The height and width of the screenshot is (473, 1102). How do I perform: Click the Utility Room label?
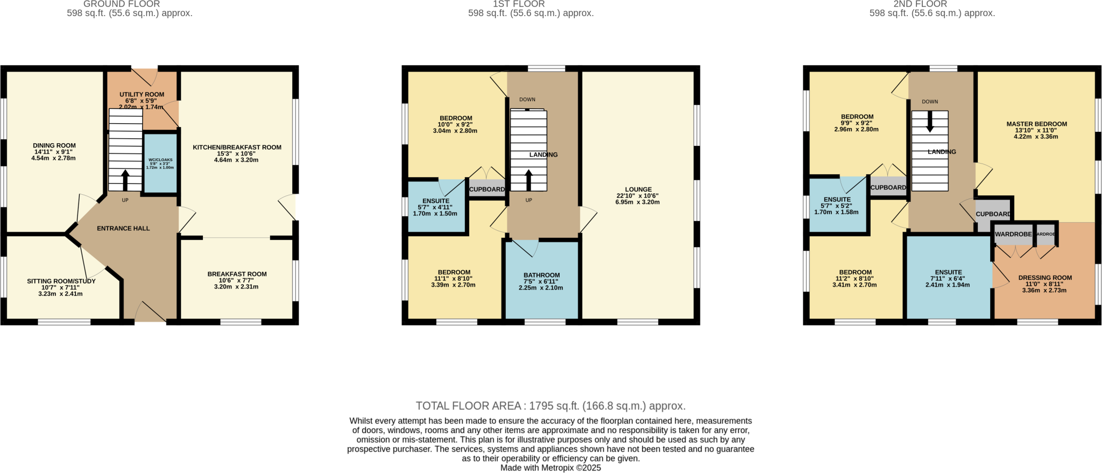point(142,95)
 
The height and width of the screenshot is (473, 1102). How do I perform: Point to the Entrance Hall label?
point(123,228)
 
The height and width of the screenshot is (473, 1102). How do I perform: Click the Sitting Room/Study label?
point(61,281)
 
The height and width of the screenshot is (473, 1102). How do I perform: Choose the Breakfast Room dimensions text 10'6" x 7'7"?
point(237,280)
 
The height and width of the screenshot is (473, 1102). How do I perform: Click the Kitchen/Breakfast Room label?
point(237,147)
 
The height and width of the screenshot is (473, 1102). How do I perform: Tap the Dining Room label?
point(54,145)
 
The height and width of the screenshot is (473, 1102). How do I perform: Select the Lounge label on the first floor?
point(638,189)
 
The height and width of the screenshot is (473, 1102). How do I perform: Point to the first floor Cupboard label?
point(486,189)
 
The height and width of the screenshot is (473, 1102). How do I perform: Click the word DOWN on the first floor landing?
point(527,100)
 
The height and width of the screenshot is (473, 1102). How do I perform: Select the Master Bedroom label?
point(1036,124)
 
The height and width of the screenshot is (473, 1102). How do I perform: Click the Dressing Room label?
point(1044,278)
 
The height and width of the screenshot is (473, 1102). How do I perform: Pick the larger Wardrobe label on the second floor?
point(1013,234)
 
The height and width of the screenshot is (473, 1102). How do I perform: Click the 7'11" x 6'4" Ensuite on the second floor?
point(948,278)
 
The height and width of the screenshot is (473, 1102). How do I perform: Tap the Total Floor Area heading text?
point(550,406)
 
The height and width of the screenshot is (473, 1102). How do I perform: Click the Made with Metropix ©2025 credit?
point(550,468)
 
